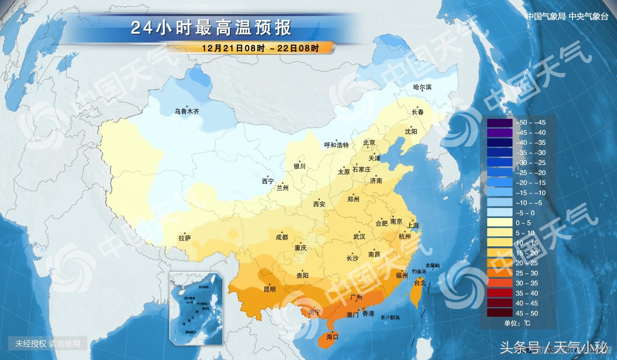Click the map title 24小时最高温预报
tap(211, 28)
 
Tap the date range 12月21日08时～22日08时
tap(260, 48)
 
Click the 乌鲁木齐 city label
tap(187, 111)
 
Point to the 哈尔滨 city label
tap(422, 87)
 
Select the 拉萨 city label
tap(185, 238)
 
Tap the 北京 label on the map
tap(369, 143)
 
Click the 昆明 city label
tap(269, 289)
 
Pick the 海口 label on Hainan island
tap(332, 337)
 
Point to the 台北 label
tap(420, 283)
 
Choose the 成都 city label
tap(282, 237)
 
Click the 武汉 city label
tap(359, 237)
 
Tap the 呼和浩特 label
tap(336, 145)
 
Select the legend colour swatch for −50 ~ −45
tap(500, 122)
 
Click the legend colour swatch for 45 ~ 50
tap(500, 313)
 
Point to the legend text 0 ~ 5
tap(523, 223)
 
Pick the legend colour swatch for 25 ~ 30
tap(500, 273)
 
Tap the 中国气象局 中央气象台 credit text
tap(567, 16)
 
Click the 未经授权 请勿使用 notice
tap(48, 343)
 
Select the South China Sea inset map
tap(196, 309)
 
